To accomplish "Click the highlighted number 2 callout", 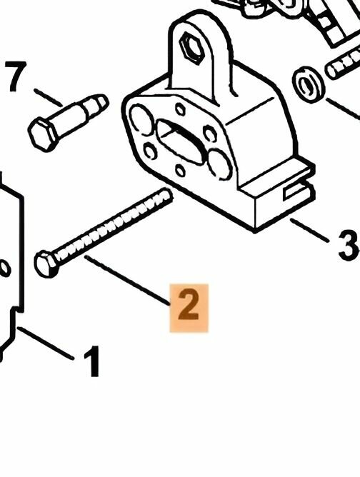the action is [189, 308].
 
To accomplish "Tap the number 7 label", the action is [16, 76].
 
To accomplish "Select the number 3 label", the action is [349, 245].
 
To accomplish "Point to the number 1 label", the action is [92, 361].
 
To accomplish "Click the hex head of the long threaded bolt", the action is [46, 264].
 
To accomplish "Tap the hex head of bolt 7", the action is [44, 135].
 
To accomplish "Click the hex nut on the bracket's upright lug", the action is [192, 47].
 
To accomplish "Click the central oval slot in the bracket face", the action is [180, 141].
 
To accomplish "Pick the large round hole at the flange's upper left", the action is [141, 119].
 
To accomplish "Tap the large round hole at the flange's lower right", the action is [219, 164].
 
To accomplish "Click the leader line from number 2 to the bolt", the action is [127, 280].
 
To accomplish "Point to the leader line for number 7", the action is [48, 97].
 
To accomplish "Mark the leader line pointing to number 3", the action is [309, 230].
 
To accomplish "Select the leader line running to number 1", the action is [45, 343].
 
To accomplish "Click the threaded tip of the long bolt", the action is [165, 196].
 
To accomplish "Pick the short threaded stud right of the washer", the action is [343, 64].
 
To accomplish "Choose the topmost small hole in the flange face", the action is [181, 109].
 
